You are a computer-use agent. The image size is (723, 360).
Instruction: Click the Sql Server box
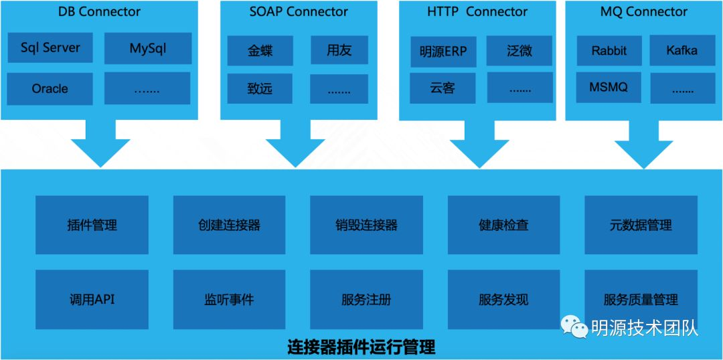coord(50,48)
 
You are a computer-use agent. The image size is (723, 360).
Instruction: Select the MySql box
coord(147,48)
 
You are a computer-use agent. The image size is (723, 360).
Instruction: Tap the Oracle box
coord(50,88)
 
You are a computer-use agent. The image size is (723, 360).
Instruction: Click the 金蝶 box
coord(260,50)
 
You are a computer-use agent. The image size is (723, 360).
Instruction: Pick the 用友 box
coord(339,50)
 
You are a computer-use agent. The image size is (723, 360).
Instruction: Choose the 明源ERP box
coord(443,51)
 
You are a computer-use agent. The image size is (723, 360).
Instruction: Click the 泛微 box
coord(519,51)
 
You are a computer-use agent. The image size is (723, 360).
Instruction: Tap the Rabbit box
coord(609,50)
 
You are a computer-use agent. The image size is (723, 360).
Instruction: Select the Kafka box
coord(682,50)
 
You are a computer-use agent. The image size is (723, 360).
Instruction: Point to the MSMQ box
coord(609,88)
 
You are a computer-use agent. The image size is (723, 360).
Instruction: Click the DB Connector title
coord(99,12)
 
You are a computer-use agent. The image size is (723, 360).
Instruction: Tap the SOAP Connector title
coord(299,12)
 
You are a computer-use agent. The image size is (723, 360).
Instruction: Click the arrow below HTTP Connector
coord(479,144)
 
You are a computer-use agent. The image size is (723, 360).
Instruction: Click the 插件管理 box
coord(92,225)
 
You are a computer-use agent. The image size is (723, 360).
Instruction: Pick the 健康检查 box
coord(503,225)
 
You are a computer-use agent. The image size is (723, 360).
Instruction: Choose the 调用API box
coord(92,300)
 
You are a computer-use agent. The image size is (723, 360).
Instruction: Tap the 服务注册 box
coord(367,300)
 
